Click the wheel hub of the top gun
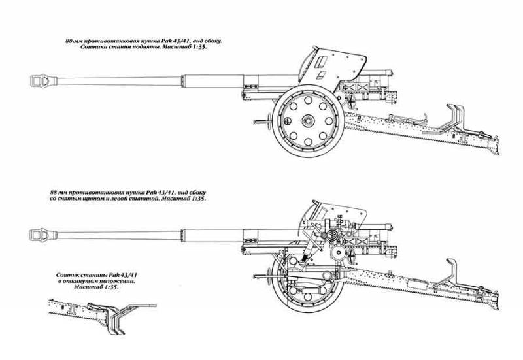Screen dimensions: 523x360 (x=308, y=120)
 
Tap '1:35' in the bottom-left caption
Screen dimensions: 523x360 (x=112, y=287)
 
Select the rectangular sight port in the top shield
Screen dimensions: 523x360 (x=321, y=62)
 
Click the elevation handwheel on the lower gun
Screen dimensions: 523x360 (x=333, y=235)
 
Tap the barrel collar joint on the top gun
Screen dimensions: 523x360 (x=182, y=81)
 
